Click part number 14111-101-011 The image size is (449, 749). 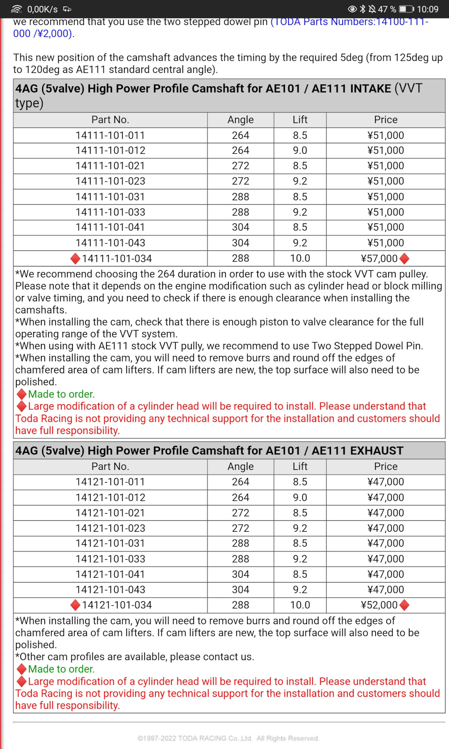[x=110, y=135]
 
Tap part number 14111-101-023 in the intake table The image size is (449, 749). [x=110, y=181]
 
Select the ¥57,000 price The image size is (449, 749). [x=379, y=258]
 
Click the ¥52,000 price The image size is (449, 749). [x=379, y=605]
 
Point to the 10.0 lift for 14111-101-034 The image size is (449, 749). [x=300, y=258]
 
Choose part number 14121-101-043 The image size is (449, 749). [x=110, y=589]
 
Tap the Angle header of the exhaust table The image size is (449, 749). [x=240, y=467]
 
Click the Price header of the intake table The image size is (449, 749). [x=385, y=120]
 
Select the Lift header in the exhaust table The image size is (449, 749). [x=300, y=467]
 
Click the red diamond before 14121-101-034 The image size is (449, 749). [x=75, y=605]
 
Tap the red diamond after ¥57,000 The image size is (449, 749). [x=405, y=258]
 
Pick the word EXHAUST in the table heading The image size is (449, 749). [x=377, y=451]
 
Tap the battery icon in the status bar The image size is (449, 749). [x=406, y=9]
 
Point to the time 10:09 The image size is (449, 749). [x=428, y=9]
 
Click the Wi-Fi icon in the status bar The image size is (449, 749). [x=17, y=9]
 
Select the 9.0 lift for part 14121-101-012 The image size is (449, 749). [x=300, y=497]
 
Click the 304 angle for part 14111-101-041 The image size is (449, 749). [x=240, y=227]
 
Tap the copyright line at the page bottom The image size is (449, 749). [x=228, y=738]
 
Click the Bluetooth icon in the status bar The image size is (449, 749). [x=362, y=9]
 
